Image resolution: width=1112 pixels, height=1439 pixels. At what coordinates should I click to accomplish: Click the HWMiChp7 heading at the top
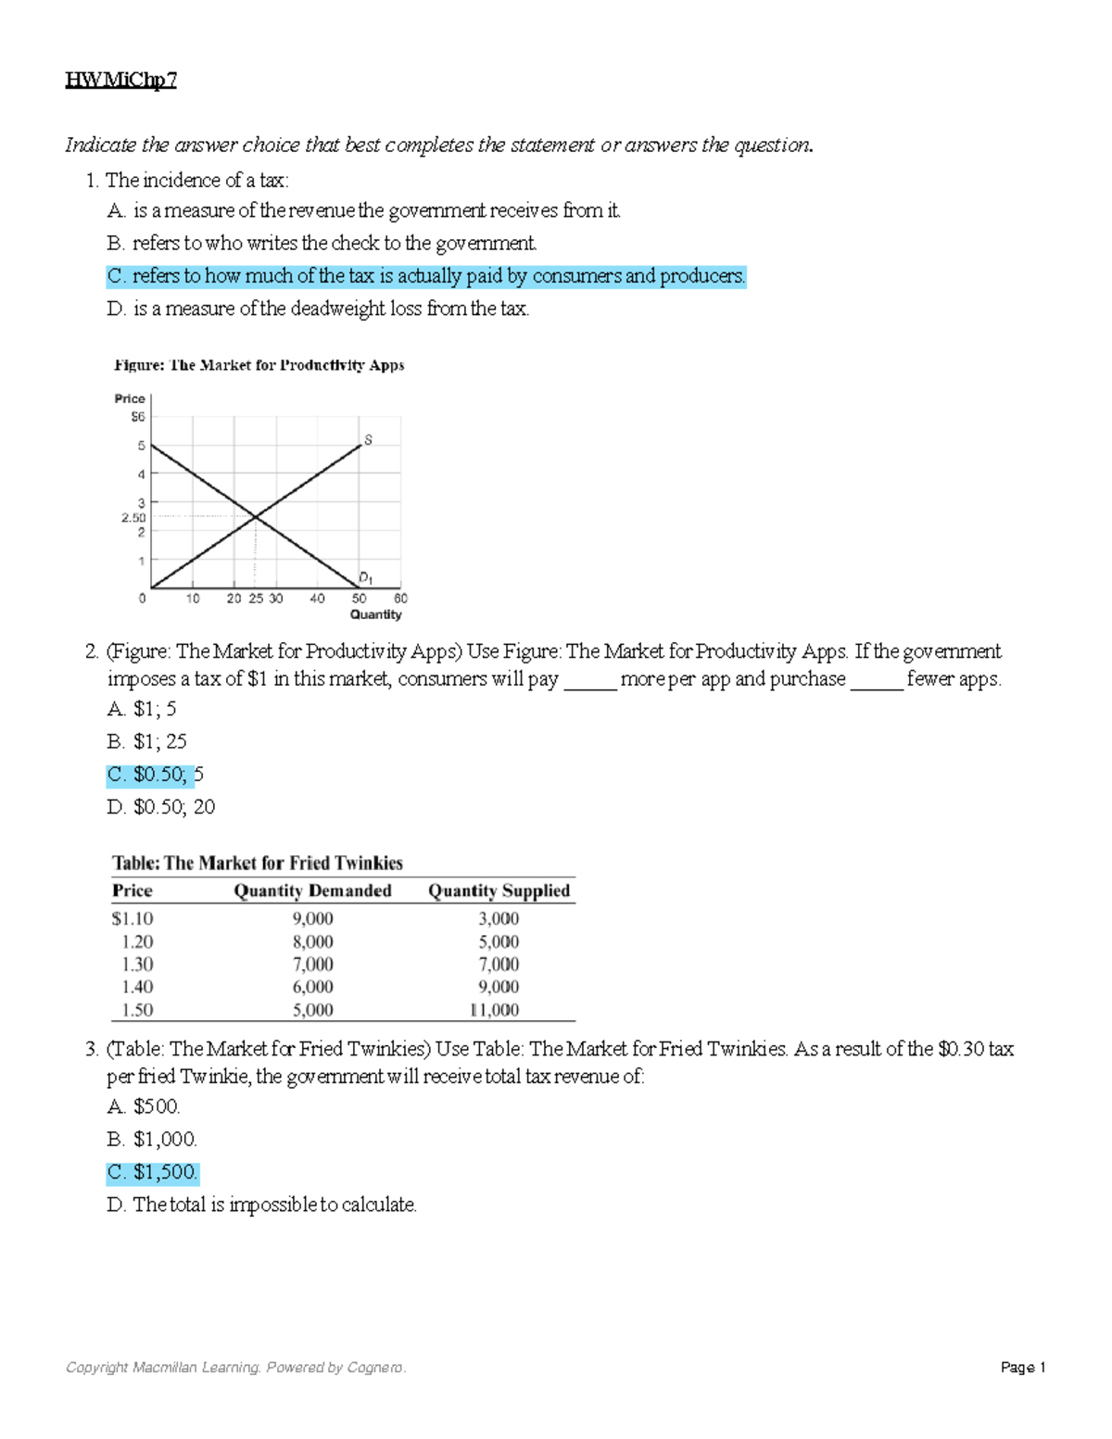coord(120,81)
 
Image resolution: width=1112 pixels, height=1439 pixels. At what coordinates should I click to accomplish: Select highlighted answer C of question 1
coord(426,276)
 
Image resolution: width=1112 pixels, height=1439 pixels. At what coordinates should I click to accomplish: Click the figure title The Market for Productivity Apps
coord(259,365)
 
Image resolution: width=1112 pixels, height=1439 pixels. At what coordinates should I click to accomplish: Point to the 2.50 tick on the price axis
coord(133,518)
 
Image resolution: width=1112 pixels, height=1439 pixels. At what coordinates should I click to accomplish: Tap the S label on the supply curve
coord(368,439)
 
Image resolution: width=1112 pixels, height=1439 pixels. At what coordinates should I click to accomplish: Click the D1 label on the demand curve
coord(365,577)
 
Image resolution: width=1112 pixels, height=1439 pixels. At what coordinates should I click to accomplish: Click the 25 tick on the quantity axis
coord(256,599)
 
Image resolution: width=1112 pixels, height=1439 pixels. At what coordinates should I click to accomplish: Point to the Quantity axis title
coord(375,614)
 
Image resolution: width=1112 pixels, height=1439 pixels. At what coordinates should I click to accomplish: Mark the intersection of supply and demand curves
coord(256,516)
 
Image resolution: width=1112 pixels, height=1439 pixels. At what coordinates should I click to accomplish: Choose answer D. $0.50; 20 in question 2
coord(161,807)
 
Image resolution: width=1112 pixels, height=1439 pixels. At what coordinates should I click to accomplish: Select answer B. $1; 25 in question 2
coord(147,741)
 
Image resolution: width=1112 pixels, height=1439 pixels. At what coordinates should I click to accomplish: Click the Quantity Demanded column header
coord(312,890)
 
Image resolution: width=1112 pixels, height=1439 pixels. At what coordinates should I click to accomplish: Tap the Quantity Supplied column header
coord(499,890)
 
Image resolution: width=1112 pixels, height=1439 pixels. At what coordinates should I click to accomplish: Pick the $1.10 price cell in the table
coord(133,918)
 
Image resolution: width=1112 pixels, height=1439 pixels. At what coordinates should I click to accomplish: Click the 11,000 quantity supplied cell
coord(495,1010)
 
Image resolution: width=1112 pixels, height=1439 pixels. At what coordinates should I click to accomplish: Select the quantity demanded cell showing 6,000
coord(312,987)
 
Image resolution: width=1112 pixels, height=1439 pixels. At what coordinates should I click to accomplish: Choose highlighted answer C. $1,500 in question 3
coord(153,1172)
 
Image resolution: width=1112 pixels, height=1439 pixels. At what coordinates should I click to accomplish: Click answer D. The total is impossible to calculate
coord(262,1205)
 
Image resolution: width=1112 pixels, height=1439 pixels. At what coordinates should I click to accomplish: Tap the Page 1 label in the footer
coord(1023,1368)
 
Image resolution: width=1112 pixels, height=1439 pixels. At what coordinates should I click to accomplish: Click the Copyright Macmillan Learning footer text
coord(235,1368)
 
